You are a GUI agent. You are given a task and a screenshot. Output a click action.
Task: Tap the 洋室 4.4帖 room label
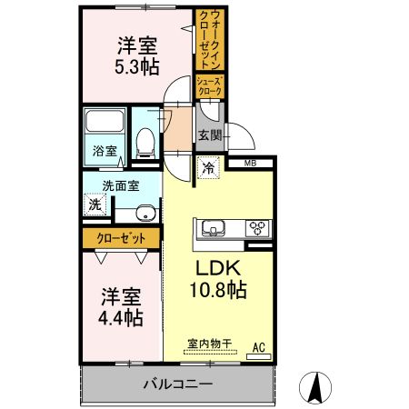120,307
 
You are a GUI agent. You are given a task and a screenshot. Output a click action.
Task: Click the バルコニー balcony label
178,384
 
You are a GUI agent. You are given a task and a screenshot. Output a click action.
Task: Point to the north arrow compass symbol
316,388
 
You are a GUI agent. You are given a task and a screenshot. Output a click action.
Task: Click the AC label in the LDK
258,346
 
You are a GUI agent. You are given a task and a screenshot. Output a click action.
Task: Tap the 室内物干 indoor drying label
210,344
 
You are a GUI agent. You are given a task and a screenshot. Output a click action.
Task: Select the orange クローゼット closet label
121,238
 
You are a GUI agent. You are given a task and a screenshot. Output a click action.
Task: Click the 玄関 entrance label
209,135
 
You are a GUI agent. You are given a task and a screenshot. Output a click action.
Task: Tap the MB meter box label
248,164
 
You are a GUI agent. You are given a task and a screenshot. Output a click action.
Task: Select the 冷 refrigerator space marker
208,168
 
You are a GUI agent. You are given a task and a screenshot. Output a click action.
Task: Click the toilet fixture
144,139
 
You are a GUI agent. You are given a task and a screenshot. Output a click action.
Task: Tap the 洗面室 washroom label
120,185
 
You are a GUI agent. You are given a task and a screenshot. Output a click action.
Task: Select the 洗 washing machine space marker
95,204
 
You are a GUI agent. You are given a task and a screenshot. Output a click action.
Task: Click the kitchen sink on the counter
214,228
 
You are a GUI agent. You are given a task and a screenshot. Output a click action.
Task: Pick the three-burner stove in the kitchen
255,228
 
